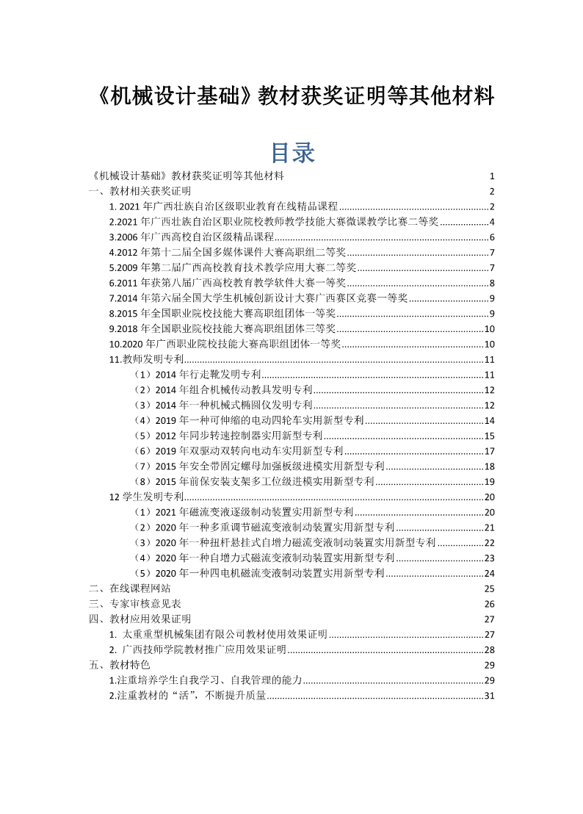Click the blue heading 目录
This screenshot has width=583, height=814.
[293, 152]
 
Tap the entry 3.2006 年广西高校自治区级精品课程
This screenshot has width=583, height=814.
[191, 237]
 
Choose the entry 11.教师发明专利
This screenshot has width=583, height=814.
[146, 359]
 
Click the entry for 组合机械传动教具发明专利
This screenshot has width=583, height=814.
[224, 389]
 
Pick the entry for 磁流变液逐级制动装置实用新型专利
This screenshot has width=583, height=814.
[245, 512]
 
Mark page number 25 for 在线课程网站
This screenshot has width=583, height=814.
[490, 588]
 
